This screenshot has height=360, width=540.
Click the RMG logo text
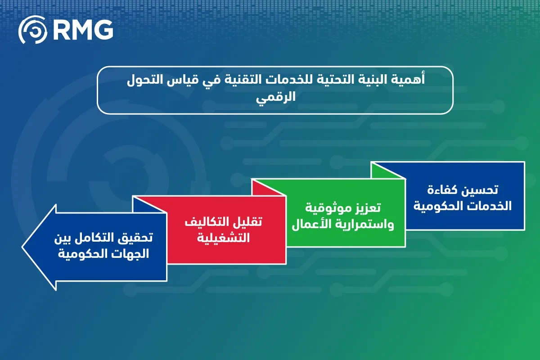pyautogui.click(x=83, y=30)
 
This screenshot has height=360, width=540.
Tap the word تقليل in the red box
pyautogui.click(x=246, y=222)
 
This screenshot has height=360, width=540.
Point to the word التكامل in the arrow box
pyautogui.click(x=96, y=237)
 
